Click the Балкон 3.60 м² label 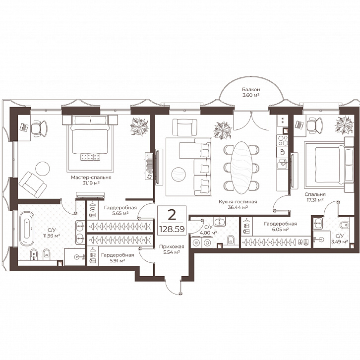251,92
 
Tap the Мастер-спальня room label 91,178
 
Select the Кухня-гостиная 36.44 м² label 238,205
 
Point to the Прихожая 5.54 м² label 172,249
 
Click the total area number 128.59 172,229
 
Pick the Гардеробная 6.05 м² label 280,227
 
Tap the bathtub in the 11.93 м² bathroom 27,229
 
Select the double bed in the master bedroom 90,138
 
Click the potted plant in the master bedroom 139,126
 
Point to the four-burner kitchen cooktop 283,140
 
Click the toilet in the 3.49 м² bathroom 345,225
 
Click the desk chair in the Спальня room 314,125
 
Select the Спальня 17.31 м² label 315,197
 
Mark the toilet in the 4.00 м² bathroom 231,240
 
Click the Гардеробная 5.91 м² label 118,258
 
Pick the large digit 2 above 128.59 172,215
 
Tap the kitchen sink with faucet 283,164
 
